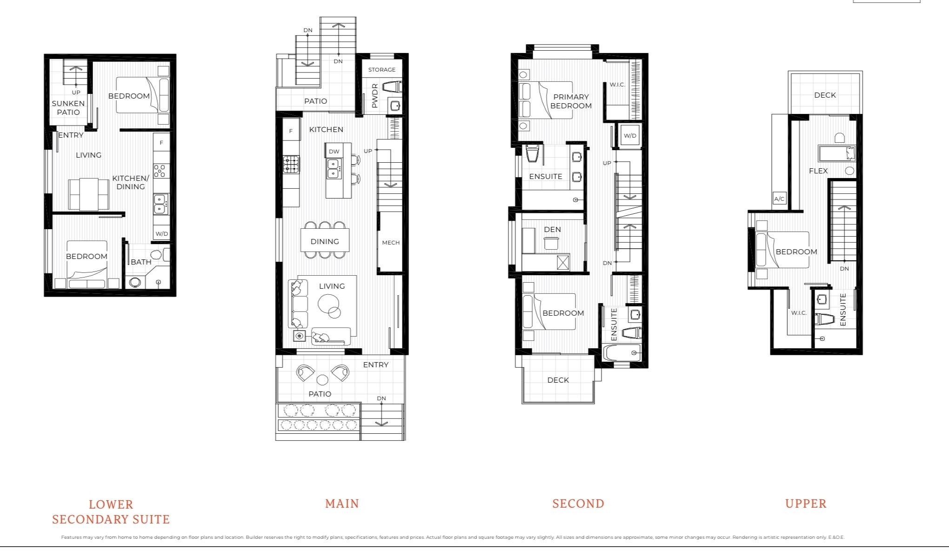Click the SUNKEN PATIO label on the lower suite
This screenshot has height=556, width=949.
[x=68, y=108]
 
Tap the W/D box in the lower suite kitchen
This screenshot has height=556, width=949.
[x=161, y=233]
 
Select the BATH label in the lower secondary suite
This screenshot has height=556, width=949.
[x=140, y=262]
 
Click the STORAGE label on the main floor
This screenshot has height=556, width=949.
[x=381, y=70]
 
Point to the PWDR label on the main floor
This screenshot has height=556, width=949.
[x=375, y=96]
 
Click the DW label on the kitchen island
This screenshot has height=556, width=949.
[x=334, y=151]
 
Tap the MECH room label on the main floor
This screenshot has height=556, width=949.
[x=390, y=242]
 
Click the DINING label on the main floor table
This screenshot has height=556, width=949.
[x=325, y=241]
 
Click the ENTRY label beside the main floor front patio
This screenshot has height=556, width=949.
[x=375, y=365]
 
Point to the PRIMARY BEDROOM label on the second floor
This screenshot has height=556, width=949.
[x=571, y=101]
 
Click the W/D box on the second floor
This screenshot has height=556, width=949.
[x=629, y=136]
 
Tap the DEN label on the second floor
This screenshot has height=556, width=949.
[x=552, y=229]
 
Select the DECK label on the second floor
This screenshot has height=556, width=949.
[x=558, y=380]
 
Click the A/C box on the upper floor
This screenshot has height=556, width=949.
[x=779, y=199]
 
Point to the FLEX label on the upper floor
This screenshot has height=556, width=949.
[x=818, y=171]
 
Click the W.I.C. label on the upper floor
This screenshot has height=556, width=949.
[x=799, y=313]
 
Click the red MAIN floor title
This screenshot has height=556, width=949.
[x=342, y=503]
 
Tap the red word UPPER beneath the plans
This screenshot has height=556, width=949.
[x=806, y=503]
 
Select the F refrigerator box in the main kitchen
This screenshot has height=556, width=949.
[x=291, y=131]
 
